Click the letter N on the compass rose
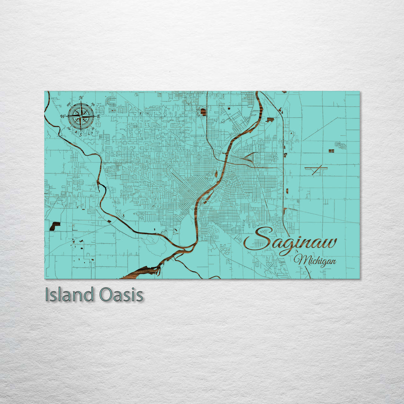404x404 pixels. (81, 98)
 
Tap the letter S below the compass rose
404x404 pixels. (80, 134)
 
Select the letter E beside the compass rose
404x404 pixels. (98, 116)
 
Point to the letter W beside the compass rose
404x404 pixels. (62, 116)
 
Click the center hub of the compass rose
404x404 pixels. (81, 116)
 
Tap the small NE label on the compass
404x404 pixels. (93, 104)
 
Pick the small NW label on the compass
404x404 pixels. (69, 104)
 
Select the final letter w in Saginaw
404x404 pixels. (329, 243)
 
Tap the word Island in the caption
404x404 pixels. (70, 295)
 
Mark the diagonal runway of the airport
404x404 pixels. (316, 170)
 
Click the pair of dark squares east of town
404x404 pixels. (331, 151)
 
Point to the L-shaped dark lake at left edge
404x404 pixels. (54, 226)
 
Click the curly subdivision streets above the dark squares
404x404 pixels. (340, 144)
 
